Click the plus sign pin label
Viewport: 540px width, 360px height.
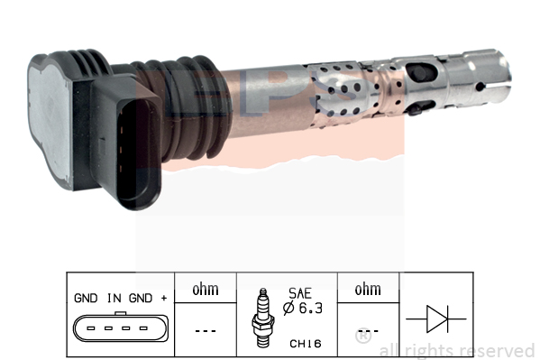tap(164, 298)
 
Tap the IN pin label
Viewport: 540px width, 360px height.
tap(114, 298)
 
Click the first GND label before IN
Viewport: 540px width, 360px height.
tap(86, 298)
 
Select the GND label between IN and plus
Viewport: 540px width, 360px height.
tap(141, 298)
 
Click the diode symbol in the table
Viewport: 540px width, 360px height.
tap(436, 319)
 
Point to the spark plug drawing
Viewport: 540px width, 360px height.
tap(263, 318)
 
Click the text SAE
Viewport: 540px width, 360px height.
tap(300, 293)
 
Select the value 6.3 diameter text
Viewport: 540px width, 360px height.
tap(310, 308)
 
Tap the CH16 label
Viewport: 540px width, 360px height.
tap(306, 344)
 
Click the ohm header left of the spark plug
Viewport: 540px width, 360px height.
tap(206, 290)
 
